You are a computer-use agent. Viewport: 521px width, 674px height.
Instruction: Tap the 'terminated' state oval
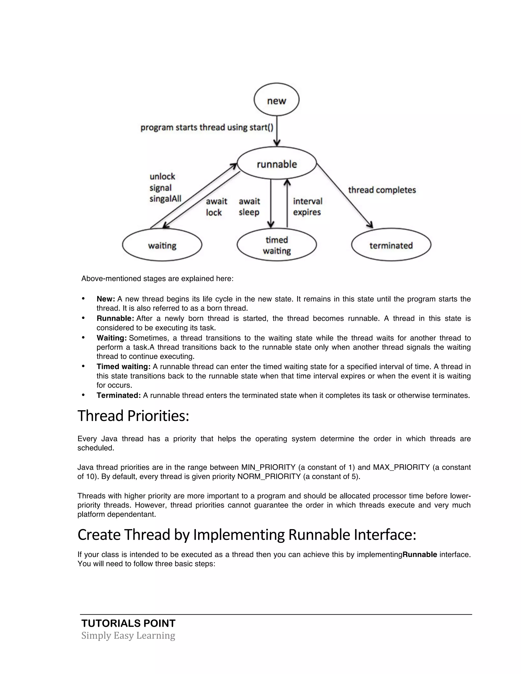(x=391, y=245)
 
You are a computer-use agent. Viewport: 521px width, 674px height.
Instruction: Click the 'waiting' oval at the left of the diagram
(x=162, y=245)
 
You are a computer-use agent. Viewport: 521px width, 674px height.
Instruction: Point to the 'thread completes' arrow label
(x=382, y=190)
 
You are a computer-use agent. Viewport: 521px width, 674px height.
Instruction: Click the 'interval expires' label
(x=307, y=207)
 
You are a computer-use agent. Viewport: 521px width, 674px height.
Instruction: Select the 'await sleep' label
(x=249, y=207)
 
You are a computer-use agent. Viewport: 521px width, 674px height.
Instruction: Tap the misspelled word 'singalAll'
(x=165, y=199)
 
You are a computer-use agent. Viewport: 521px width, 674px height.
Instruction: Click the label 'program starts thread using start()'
(x=207, y=127)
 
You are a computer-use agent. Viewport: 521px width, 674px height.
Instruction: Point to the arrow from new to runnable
(x=277, y=131)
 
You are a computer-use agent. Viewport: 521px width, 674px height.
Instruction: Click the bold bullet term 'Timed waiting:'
(x=123, y=367)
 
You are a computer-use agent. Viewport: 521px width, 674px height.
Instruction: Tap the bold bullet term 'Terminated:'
(x=119, y=395)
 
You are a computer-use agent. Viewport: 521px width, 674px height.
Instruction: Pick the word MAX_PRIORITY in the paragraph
(x=401, y=467)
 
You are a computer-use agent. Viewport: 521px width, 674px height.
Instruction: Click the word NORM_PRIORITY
(x=269, y=476)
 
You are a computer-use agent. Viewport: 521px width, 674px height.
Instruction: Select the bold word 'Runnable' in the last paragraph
(x=419, y=554)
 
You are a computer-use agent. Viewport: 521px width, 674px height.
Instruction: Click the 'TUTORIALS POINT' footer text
(x=128, y=623)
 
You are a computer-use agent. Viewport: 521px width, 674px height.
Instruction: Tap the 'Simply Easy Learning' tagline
(x=128, y=635)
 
